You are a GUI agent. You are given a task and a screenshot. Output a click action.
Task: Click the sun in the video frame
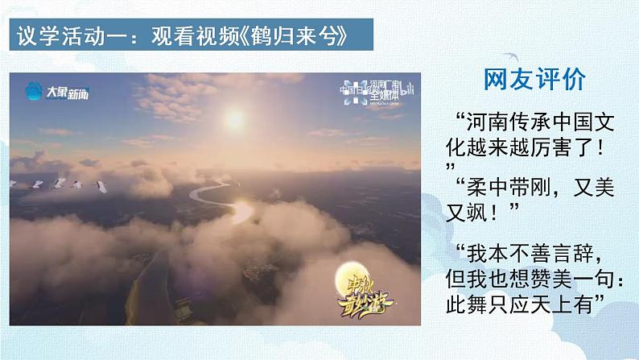[234, 120]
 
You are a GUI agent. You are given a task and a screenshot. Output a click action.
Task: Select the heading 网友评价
[535, 78]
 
